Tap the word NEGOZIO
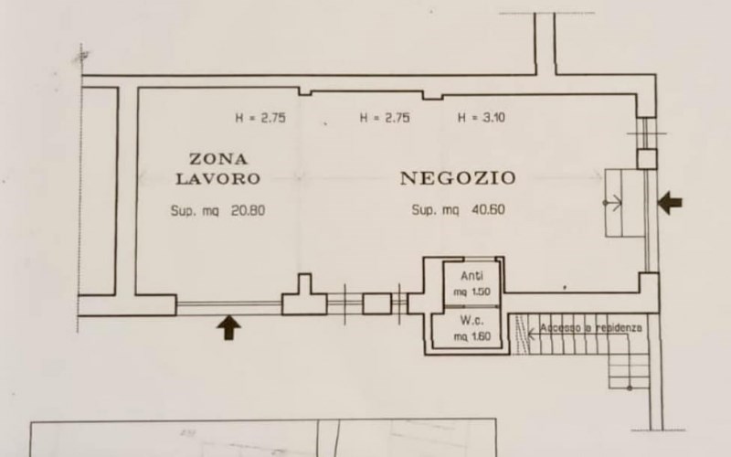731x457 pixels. coord(458,177)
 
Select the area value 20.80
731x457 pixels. coord(247,209)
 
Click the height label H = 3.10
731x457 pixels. coord(481,118)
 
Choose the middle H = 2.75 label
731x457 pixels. coord(385,118)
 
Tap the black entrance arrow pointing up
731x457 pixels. coord(228,326)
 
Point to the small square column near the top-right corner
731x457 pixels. coord(646,158)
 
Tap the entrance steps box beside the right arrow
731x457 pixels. coord(626,201)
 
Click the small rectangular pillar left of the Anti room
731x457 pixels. coord(376,303)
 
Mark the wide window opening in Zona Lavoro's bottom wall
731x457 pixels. coord(228,305)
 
